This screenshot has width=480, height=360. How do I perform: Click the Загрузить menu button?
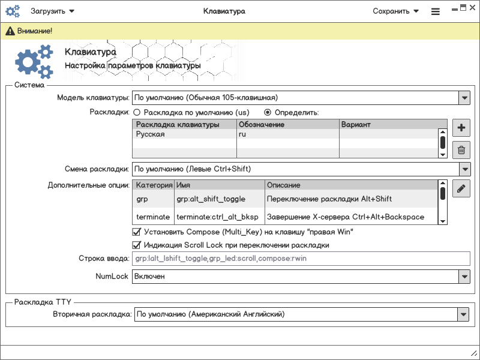coord(53,11)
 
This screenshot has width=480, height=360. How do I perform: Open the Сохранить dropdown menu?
coord(395,11)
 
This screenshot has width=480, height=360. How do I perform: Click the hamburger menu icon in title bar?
coord(436,11)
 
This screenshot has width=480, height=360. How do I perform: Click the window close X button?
coord(473,8)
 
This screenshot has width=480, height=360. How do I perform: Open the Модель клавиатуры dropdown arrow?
coord(463,97)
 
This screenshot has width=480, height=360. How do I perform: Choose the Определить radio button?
coord(268,112)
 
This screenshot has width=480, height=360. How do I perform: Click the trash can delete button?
coord(461,151)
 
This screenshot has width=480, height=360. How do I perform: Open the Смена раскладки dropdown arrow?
coord(463,169)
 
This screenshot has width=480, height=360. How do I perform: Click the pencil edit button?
coord(461,188)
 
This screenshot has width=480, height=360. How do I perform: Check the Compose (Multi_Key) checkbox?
coord(136,232)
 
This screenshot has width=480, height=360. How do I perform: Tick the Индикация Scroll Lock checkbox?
coord(136,245)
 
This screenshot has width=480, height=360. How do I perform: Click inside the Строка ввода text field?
coord(300,259)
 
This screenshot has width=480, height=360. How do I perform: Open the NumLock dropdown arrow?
coord(463,277)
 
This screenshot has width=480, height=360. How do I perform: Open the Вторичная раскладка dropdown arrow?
coord(463,314)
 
